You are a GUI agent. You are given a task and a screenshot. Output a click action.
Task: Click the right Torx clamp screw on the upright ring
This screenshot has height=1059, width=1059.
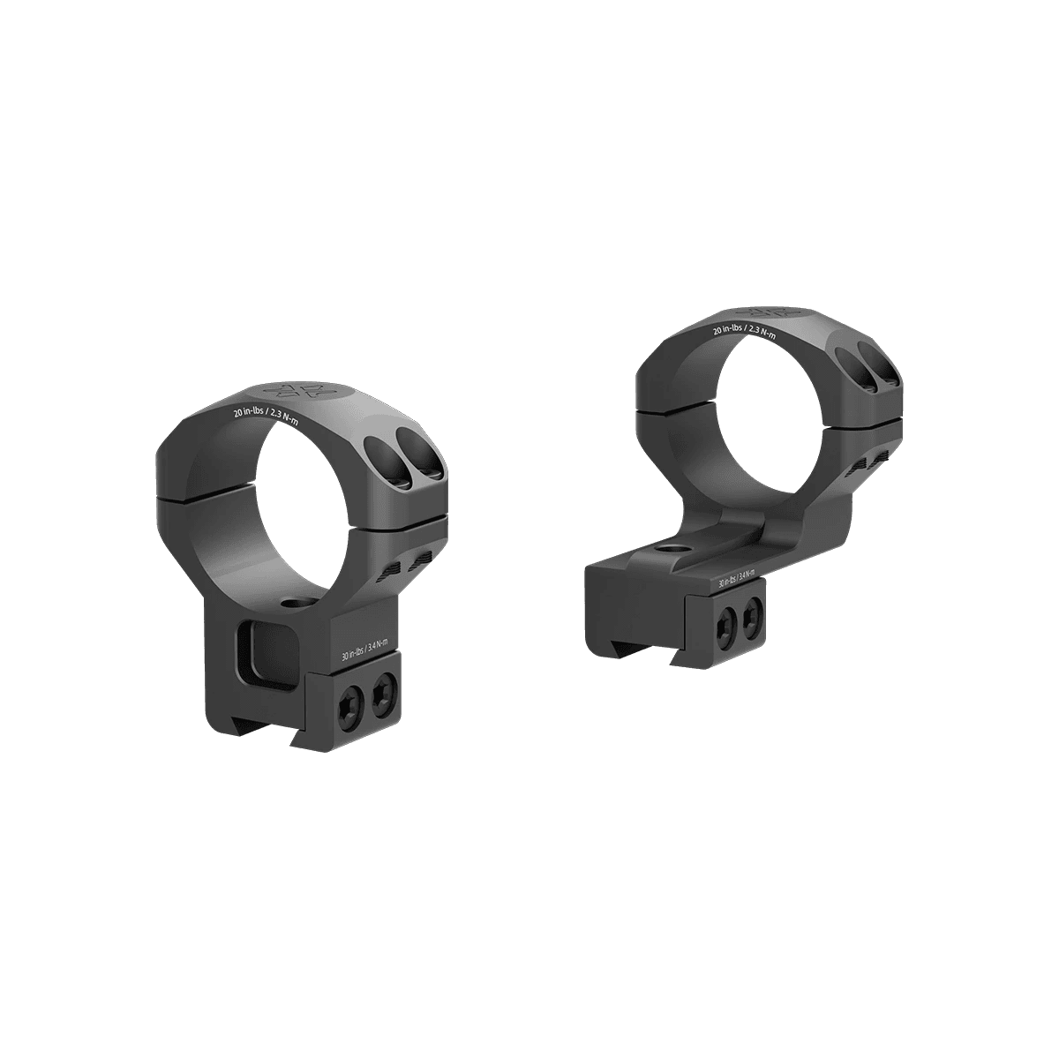point(382,697)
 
